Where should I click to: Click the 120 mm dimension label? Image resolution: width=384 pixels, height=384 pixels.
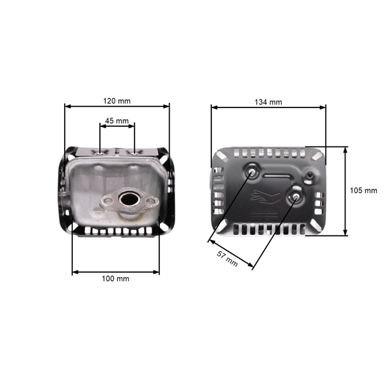pyautogui.click(x=117, y=101)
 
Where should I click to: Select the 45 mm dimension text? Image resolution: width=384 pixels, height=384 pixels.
pyautogui.click(x=117, y=120)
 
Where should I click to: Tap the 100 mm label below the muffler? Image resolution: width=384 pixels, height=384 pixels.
pyautogui.click(x=115, y=279)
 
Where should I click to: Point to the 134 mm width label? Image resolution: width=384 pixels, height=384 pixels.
pyautogui.click(x=268, y=102)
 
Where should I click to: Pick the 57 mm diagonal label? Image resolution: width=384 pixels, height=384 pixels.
pyautogui.click(x=228, y=259)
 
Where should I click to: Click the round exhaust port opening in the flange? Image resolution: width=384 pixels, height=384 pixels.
pyautogui.click(x=131, y=200)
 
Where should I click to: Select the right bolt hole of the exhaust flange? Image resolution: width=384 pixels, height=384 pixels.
pyautogui.click(x=152, y=202)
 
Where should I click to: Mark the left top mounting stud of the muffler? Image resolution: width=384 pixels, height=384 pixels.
pyautogui.click(x=101, y=152)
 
